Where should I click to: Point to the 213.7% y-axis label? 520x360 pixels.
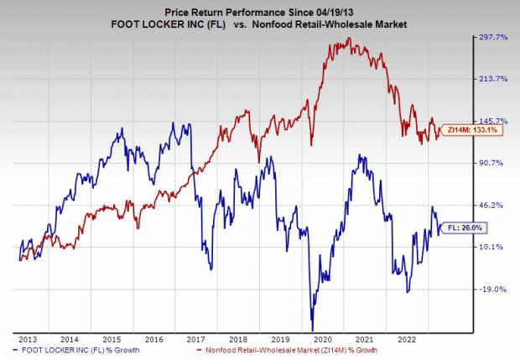491,79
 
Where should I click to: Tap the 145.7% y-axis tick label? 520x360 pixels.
491,121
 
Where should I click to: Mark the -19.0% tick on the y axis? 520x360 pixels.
491,289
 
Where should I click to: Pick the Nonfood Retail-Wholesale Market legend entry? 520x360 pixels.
285,348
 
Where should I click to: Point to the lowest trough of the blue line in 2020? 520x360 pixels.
312,330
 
